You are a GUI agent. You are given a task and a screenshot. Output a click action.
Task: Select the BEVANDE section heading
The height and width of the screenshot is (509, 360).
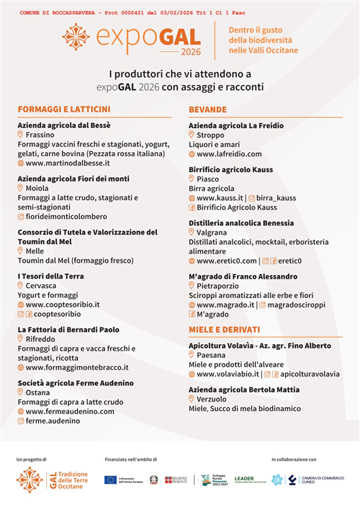coord(207,109)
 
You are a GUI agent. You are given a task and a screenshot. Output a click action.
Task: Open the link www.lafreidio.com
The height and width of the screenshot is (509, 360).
coord(229,154)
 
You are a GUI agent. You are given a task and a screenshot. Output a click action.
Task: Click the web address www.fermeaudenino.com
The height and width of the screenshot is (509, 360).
coord(70,411)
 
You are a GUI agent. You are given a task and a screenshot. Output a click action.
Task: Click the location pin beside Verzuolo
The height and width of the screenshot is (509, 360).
coord(192,399)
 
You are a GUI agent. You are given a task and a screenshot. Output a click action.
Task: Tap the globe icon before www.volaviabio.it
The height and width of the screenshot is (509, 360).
coord(192,374)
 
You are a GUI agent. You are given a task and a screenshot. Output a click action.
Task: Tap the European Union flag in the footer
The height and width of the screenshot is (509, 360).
coord(110,479)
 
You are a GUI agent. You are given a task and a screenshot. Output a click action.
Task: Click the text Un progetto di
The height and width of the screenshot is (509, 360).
coord(32,459)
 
